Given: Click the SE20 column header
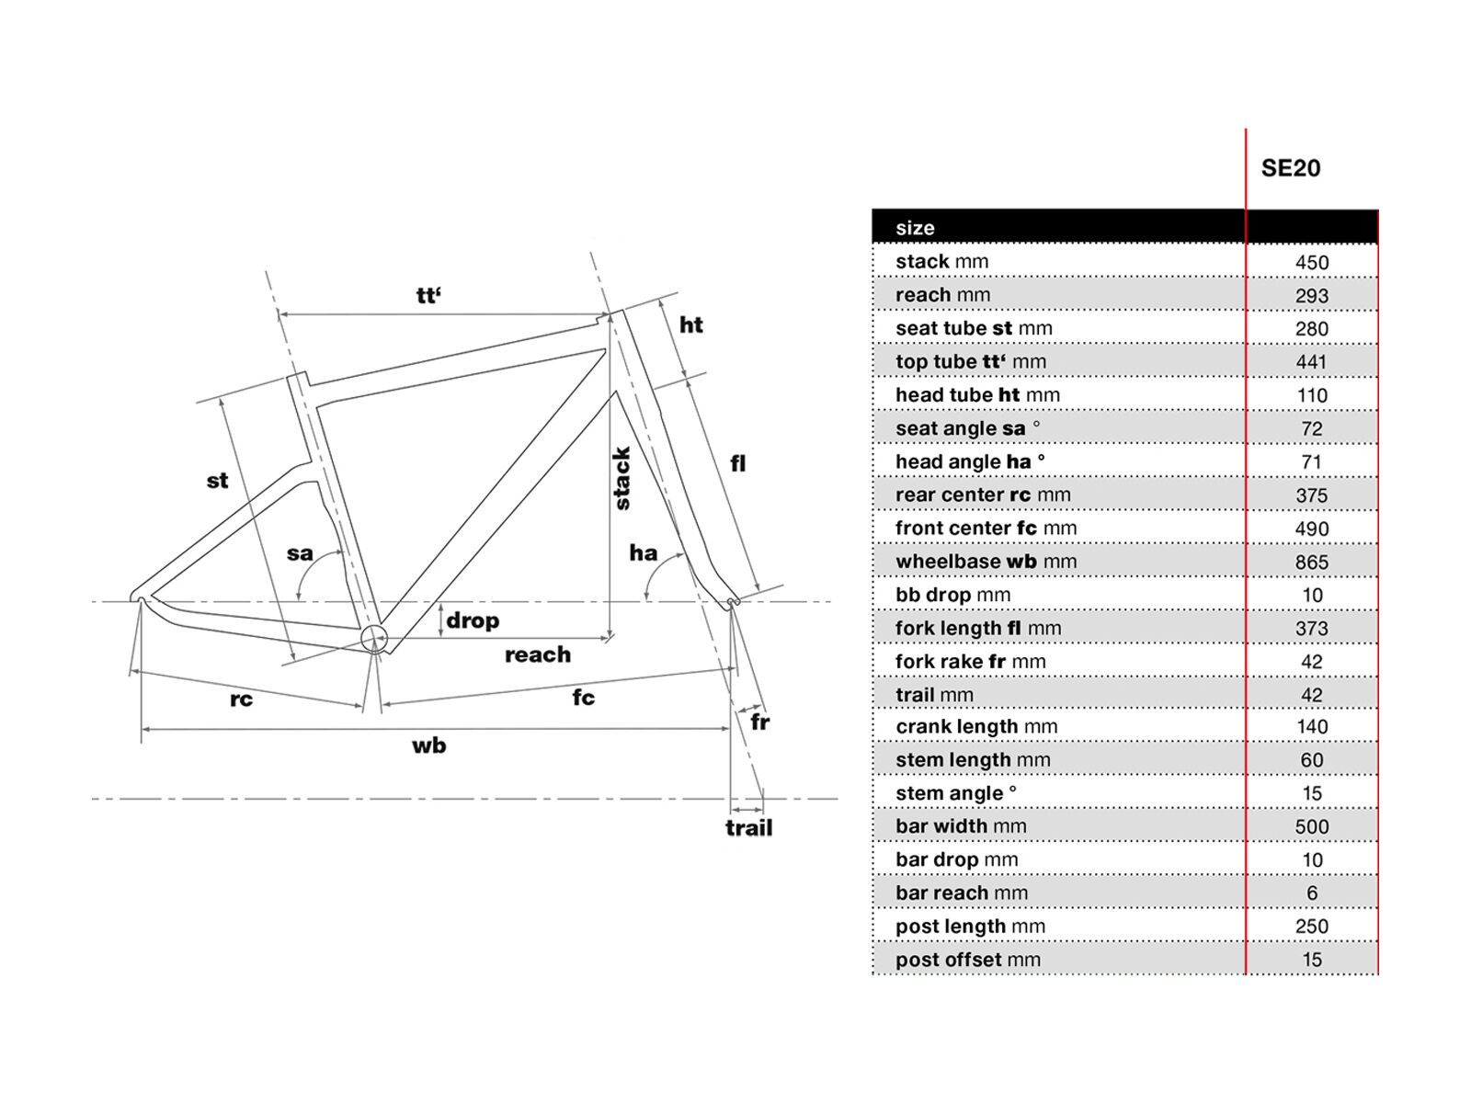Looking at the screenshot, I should tap(1291, 168).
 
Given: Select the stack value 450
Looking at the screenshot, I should tap(1312, 263).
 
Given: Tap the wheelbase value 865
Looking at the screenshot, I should tap(1312, 563).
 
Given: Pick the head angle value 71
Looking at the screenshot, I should tap(1312, 462).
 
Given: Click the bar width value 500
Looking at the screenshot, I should tap(1312, 827).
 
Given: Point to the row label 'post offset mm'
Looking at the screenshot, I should tap(968, 961).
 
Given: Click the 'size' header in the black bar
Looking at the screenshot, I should tap(915, 228).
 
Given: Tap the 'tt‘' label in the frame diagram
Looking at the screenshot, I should tap(428, 296).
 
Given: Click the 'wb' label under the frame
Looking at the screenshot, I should tap(428, 745).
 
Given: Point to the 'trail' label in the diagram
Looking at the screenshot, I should tap(748, 828).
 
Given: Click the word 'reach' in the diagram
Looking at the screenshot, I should tap(538, 655).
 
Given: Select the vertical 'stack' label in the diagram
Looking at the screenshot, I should tap(622, 478).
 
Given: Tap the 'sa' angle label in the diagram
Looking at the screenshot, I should tap(300, 553).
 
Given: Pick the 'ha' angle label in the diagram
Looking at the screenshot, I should tap(643, 552).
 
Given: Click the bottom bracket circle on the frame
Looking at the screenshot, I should tap(374, 638).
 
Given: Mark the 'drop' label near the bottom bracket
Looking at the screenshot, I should tap(473, 620).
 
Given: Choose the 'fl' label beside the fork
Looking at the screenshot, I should tap(737, 464).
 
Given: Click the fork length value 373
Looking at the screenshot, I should tap(1312, 629).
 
